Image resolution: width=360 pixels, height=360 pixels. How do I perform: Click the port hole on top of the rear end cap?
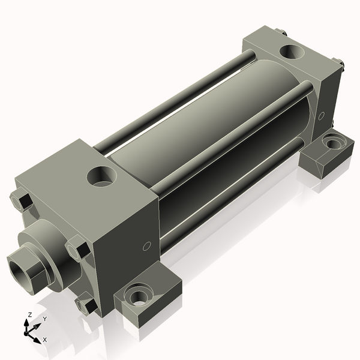293,52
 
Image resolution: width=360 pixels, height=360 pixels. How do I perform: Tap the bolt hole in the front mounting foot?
139,295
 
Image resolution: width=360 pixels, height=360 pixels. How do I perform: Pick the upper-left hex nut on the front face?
22,200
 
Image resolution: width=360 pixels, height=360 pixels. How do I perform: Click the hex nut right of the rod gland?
79,248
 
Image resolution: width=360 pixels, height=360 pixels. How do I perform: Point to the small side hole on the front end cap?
146,246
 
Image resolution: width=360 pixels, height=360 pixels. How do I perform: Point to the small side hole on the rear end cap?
322,115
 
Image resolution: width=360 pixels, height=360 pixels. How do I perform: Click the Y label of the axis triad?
44,319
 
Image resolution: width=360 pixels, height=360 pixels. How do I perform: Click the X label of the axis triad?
45,340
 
